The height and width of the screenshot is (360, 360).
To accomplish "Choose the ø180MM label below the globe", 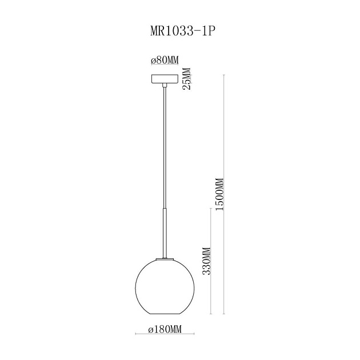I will pyautogui.click(x=165, y=330).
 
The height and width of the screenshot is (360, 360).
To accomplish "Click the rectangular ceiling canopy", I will pyautogui.click(x=165, y=78).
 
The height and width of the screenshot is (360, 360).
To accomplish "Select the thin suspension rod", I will pyautogui.click(x=165, y=149).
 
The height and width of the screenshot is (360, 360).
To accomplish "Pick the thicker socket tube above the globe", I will pyautogui.click(x=165, y=234).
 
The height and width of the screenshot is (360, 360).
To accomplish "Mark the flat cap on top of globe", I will pyautogui.click(x=165, y=259).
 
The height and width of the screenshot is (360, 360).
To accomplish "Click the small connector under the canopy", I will pyautogui.click(x=165, y=86).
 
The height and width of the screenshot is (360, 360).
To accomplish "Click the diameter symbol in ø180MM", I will pyautogui.click(x=150, y=330).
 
